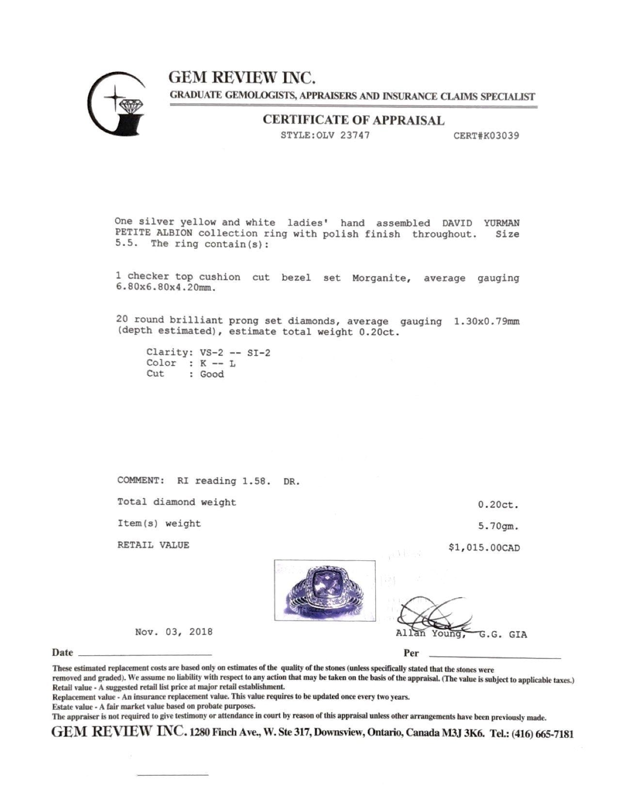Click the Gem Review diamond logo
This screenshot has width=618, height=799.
coord(116,104)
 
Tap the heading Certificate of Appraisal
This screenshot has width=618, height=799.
coord(353,120)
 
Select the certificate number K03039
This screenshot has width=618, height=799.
coord(486,136)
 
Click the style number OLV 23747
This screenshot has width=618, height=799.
coord(325,135)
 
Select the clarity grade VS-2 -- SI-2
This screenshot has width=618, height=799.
coord(235,353)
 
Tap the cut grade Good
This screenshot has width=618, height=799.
coord(212,374)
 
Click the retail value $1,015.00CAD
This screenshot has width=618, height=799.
coord(484,548)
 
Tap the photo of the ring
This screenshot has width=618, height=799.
coord(325,590)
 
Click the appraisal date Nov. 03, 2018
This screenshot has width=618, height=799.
coord(174,632)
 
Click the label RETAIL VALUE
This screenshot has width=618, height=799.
coord(153,545)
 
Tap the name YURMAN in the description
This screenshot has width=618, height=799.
coord(501,223)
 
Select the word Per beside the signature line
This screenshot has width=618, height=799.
coord(411,653)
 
